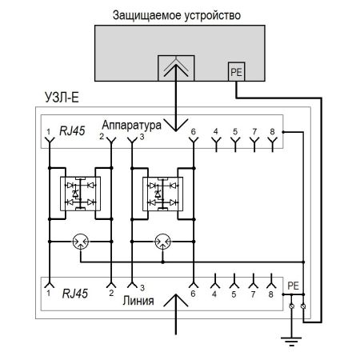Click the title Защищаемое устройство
[x=178, y=14]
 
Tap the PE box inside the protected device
[x=237, y=71]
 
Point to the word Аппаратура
[x=132, y=126]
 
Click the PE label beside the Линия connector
[x=293, y=284]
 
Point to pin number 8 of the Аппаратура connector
[x=274, y=130]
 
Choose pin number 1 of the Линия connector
[x=49, y=295]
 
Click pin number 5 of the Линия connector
[x=234, y=295]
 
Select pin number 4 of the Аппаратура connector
[x=215, y=130]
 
